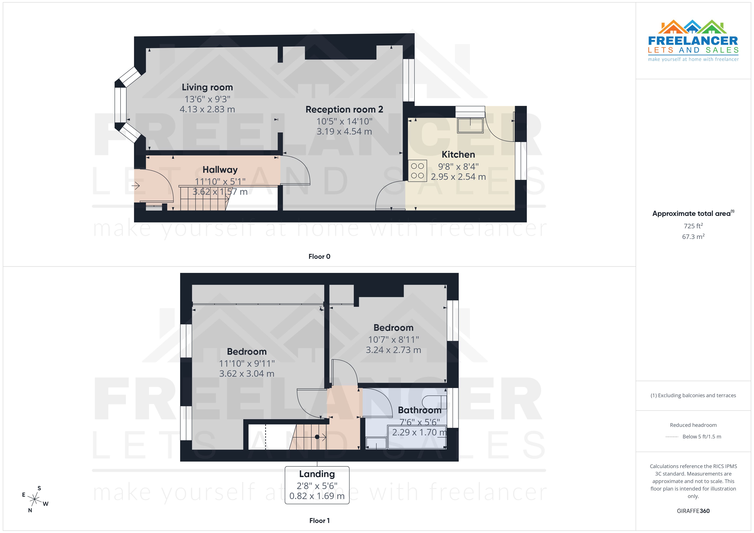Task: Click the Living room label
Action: [207, 87]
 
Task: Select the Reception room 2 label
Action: [344, 110]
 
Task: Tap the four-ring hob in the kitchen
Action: [417, 171]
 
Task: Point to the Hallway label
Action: [220, 170]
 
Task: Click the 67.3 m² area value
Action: [693, 237]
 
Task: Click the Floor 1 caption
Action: [319, 521]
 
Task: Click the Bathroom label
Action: [419, 410]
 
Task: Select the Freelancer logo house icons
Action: [692, 27]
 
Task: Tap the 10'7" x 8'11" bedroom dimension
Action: [393, 340]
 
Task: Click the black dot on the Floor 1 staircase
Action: [317, 437]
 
